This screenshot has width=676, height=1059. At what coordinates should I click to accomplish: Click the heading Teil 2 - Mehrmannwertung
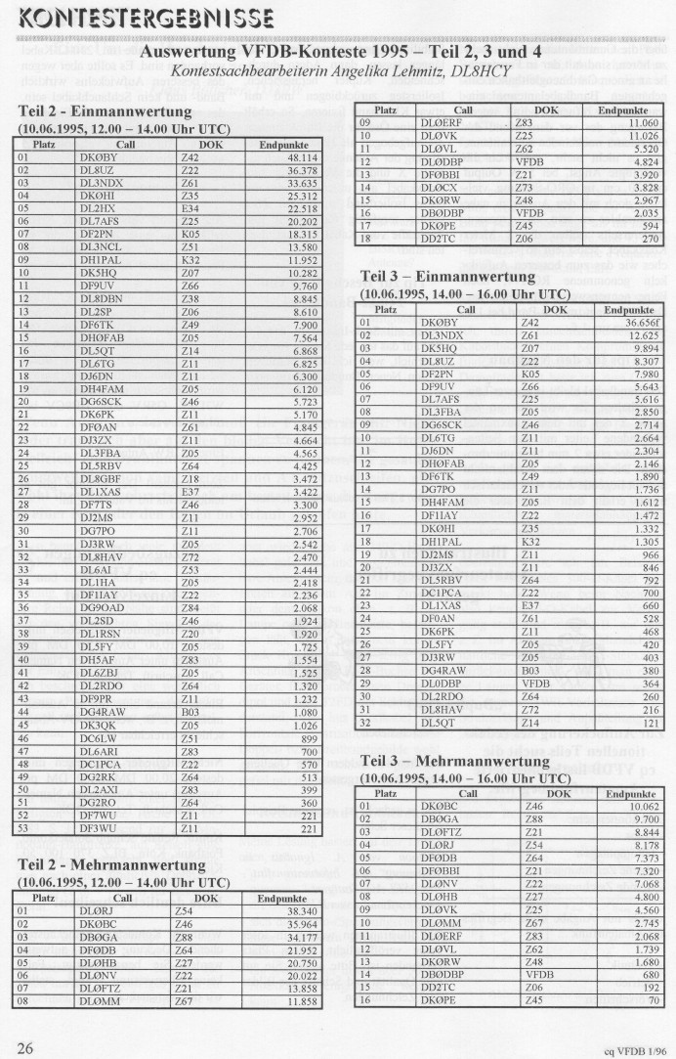[x=124, y=864]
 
